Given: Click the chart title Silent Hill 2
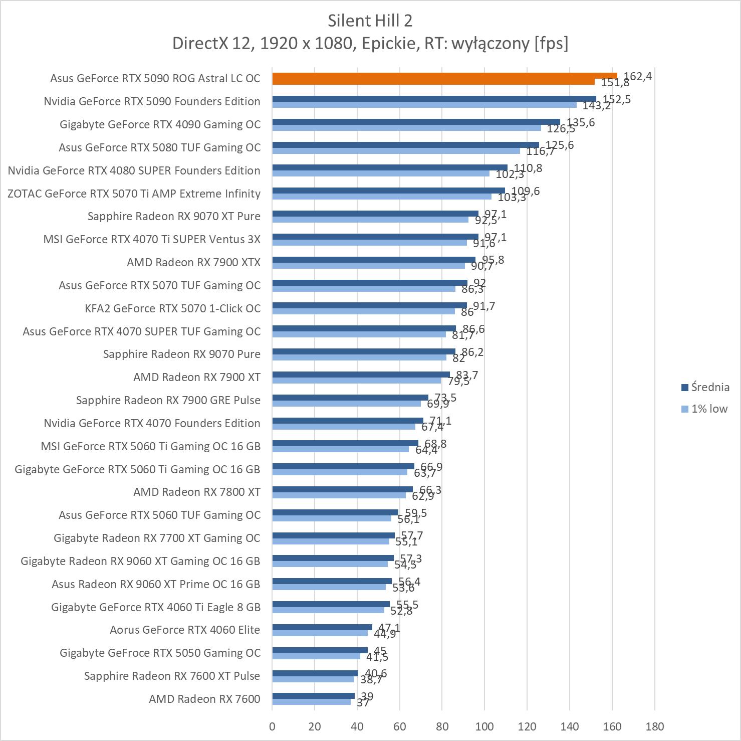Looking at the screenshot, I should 370,21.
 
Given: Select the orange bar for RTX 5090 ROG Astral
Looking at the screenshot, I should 444,76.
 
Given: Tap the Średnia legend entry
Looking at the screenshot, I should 705,387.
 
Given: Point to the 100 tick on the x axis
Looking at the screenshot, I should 484,726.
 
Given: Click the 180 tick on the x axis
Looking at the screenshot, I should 654,726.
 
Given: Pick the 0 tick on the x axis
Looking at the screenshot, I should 272,726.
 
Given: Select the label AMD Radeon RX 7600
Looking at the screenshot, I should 204,699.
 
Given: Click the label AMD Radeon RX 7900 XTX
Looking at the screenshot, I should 193,262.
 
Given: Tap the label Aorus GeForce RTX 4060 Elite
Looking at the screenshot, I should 185,630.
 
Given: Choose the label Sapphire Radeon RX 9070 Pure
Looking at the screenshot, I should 181,354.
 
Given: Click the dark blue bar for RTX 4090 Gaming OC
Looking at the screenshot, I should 416,122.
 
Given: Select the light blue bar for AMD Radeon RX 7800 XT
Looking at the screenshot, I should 339,495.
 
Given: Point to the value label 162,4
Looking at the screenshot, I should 638,76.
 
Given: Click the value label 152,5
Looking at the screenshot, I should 617,99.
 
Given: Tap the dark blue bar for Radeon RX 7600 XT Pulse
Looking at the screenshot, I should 315,673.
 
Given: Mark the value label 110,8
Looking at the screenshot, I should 528,168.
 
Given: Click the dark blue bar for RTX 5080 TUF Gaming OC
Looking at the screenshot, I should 405,145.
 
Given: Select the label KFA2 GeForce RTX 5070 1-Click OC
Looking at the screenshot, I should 172,308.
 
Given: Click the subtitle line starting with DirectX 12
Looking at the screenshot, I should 370,44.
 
